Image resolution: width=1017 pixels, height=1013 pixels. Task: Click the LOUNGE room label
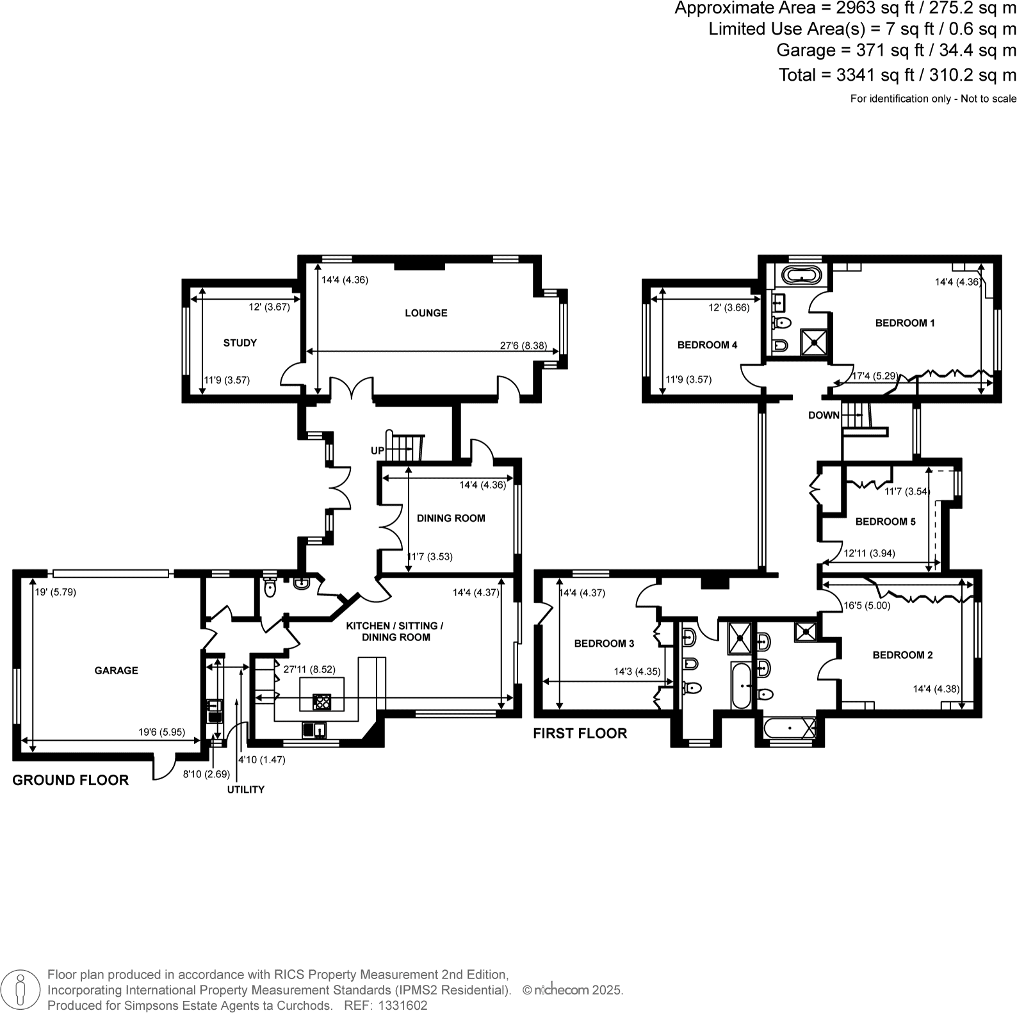[426, 313]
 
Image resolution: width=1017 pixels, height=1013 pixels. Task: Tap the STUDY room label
[240, 343]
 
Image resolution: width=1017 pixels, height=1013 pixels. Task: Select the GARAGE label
[116, 670]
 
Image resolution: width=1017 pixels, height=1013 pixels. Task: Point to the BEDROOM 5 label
[886, 522]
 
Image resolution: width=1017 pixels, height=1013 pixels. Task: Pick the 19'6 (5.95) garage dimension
[161, 732]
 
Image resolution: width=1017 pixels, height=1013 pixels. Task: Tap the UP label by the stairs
[377, 451]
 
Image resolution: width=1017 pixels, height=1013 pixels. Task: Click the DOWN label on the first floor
[824, 416]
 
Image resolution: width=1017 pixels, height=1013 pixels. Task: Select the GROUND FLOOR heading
[70, 780]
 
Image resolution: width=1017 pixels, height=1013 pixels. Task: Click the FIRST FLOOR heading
[580, 734]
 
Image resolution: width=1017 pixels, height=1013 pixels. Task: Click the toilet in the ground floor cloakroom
[270, 587]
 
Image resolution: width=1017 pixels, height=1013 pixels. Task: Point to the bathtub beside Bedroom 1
[801, 276]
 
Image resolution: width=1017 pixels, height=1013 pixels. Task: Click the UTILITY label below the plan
[245, 790]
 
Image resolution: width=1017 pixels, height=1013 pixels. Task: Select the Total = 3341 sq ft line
[897, 75]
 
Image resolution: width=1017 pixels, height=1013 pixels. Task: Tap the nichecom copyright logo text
[561, 990]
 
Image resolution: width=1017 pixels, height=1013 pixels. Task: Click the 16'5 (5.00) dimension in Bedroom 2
[866, 605]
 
